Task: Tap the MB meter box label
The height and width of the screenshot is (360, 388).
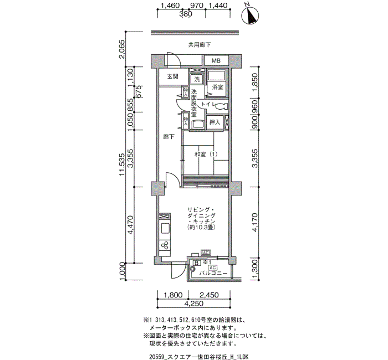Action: tap(216, 60)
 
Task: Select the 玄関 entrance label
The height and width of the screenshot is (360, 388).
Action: tap(173, 76)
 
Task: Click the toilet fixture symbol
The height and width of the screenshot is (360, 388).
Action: tap(221, 106)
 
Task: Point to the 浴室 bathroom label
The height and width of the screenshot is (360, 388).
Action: tap(217, 87)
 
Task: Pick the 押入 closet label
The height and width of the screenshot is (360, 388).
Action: tap(215, 122)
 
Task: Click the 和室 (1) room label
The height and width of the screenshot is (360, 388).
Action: tap(206, 155)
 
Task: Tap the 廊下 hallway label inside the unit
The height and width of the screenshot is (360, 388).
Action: tap(169, 136)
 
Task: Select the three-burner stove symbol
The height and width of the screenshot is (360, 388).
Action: tap(165, 245)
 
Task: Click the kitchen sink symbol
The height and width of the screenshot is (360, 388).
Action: tap(165, 228)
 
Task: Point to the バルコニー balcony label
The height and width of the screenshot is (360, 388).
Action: tap(213, 273)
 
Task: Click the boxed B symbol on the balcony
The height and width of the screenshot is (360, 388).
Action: tap(196, 263)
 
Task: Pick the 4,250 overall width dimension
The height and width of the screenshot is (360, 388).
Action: tap(193, 304)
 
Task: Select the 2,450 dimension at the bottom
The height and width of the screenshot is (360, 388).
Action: tap(209, 295)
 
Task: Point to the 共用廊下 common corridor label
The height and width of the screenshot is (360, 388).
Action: tap(200, 45)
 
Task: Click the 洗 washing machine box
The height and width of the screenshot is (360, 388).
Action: tap(197, 79)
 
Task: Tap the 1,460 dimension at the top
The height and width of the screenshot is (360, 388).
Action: tap(170, 6)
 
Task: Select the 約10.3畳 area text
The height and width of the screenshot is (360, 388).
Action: tap(201, 227)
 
